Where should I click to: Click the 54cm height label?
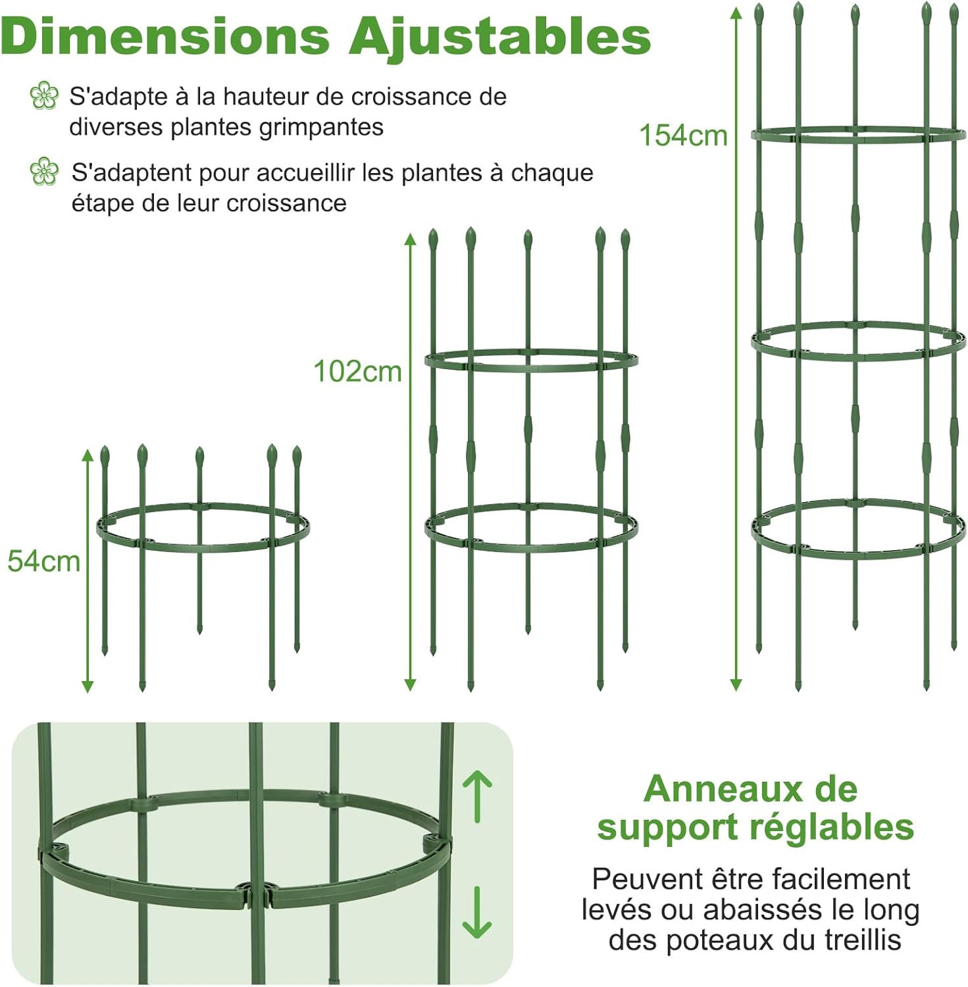coord(43,561)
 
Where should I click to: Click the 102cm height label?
coord(357,372)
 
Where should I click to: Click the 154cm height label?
coord(683,136)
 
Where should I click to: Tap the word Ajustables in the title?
coord(499,38)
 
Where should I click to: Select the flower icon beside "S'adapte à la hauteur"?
coord(44,96)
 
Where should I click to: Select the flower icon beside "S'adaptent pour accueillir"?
coord(44,172)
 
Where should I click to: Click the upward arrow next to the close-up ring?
coord(477,797)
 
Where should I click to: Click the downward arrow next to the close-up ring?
coord(477,912)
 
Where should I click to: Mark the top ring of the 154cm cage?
coord(858,135)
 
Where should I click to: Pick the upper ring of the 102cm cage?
coord(530,361)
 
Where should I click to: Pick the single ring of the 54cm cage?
coord(203,526)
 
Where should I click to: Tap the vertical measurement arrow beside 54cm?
coord(88,570)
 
